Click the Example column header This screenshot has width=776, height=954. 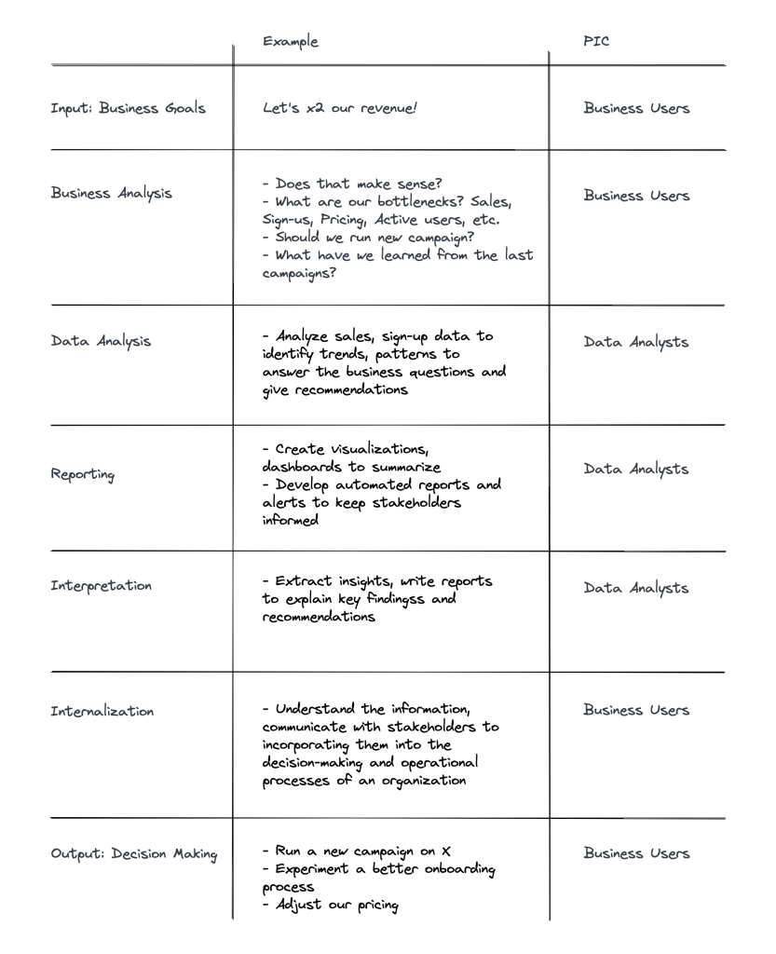tap(290, 42)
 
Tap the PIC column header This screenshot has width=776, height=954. tap(595, 42)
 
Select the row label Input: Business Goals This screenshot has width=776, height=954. tap(129, 108)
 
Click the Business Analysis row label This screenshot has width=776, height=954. tap(112, 194)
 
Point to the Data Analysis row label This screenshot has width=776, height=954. tap(101, 340)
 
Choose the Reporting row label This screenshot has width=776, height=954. tap(84, 474)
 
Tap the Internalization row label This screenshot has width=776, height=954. tap(102, 712)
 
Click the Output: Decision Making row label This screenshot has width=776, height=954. tap(134, 854)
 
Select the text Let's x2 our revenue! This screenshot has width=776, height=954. tap(340, 108)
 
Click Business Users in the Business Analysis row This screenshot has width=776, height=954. tap(636, 196)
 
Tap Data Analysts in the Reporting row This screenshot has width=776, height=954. tap(636, 469)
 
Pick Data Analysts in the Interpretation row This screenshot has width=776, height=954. tap(636, 588)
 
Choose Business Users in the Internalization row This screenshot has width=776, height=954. tap(636, 710)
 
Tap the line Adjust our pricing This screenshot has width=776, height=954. tap(337, 905)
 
